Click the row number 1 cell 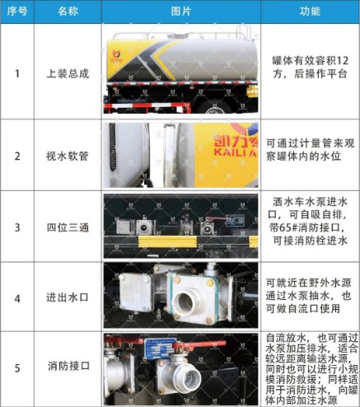tap(16, 73)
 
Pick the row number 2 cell tap(16, 156)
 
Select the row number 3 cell tap(16, 227)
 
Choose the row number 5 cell tap(16, 368)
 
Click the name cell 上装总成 tap(68, 73)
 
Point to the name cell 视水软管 tap(68, 156)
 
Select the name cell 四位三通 tap(68, 227)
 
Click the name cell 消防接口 tap(68, 368)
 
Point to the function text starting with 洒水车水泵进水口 tap(310, 222)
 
